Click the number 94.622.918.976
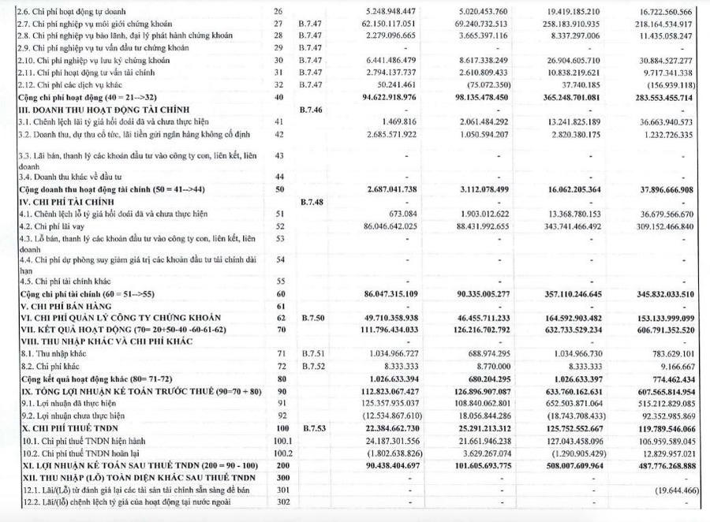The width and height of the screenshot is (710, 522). (x=395, y=97)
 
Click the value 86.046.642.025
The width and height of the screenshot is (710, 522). (x=395, y=226)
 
